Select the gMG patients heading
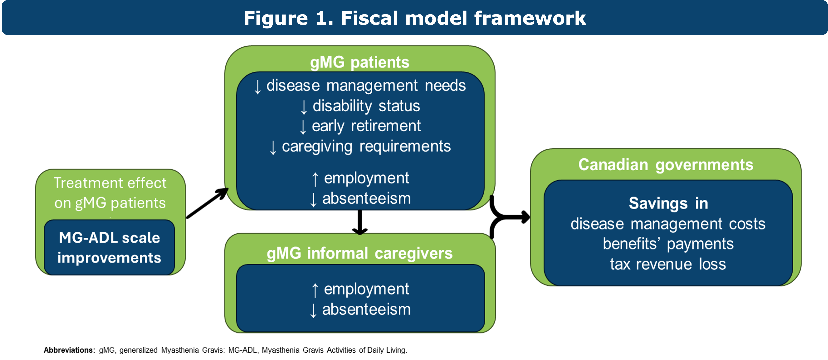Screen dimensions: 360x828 tap(360, 62)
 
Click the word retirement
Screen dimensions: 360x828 tap(386, 126)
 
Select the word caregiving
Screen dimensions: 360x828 tap(317, 147)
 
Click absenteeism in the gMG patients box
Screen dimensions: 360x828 tap(366, 198)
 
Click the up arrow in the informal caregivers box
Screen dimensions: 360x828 tap(315, 290)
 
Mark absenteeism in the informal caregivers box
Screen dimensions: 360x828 tap(366, 310)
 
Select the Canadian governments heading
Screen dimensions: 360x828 tap(666, 165)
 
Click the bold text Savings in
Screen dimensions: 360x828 tap(668, 203)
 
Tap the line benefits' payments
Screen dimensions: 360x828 tap(668, 244)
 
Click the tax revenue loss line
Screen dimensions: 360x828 tap(668, 264)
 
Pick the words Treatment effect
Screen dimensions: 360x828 tap(110, 183)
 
